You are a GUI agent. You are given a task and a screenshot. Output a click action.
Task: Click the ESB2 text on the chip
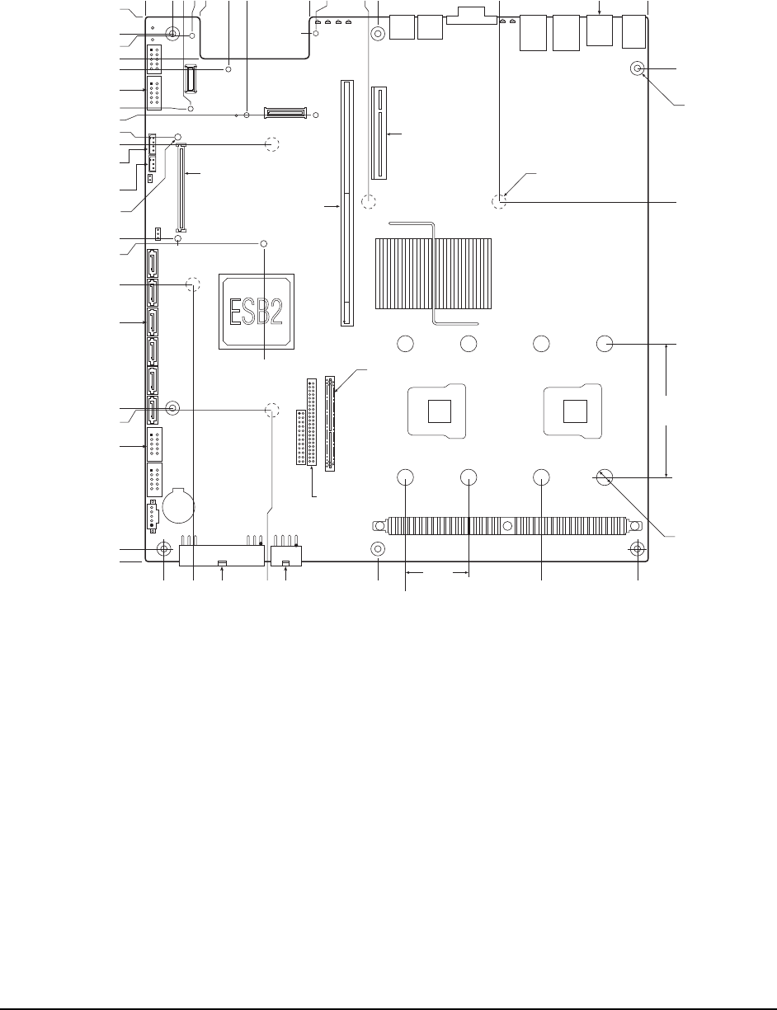(x=257, y=312)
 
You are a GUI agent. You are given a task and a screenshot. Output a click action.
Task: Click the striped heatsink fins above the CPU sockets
(x=433, y=273)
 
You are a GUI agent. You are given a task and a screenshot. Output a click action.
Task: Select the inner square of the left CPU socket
(x=440, y=411)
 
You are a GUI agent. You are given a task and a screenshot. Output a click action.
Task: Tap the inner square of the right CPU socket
(x=575, y=411)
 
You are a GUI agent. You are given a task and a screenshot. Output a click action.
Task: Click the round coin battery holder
(x=178, y=505)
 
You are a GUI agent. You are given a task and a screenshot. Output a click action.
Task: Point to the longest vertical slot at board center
(x=347, y=203)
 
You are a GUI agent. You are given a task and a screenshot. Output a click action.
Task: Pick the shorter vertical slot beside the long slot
(x=379, y=133)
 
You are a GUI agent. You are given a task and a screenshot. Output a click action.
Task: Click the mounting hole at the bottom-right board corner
(x=638, y=549)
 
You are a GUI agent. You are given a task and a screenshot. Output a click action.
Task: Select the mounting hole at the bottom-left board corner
(x=163, y=549)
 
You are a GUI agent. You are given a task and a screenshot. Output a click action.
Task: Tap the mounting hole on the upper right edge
(x=638, y=68)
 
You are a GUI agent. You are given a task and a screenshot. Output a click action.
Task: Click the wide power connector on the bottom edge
(x=222, y=556)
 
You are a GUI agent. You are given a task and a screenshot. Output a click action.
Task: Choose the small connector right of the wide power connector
(x=286, y=556)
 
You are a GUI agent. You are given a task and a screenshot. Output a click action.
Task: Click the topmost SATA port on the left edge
(x=153, y=263)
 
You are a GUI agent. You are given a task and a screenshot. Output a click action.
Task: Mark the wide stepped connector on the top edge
(x=472, y=16)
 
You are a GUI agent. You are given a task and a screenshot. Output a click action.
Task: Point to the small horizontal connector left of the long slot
(x=285, y=113)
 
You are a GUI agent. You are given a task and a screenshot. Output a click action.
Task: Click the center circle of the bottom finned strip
(x=508, y=526)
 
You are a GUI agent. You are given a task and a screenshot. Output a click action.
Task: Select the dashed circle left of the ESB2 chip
(x=193, y=284)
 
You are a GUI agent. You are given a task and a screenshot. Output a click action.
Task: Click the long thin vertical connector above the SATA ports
(x=181, y=188)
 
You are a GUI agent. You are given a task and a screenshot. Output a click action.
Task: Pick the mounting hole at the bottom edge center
(x=378, y=549)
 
